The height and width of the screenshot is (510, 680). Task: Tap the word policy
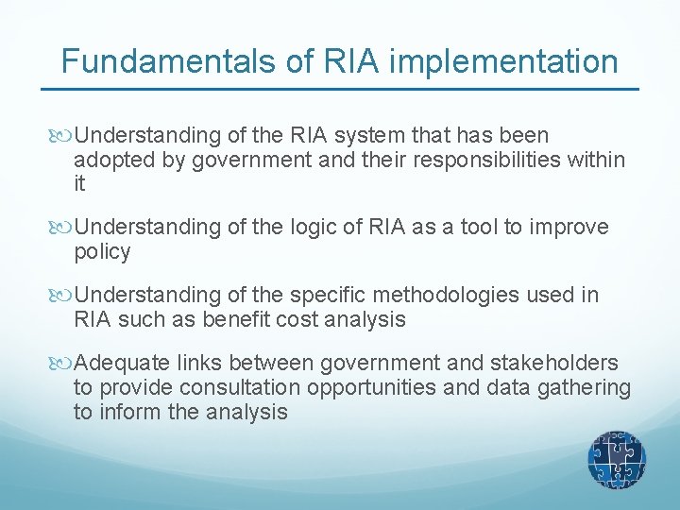point(102,252)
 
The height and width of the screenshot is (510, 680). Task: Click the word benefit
point(232,320)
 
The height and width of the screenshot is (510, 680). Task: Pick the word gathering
point(586,388)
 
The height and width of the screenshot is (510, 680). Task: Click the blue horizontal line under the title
point(340,90)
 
